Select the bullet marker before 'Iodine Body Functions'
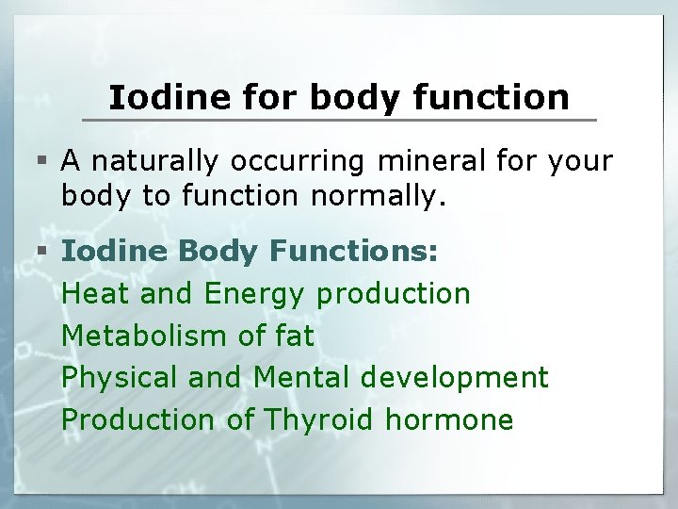pos(45,253)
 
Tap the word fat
pos(293,336)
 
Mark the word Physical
pos(120,378)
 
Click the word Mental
pos(301,377)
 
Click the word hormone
pos(449,419)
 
